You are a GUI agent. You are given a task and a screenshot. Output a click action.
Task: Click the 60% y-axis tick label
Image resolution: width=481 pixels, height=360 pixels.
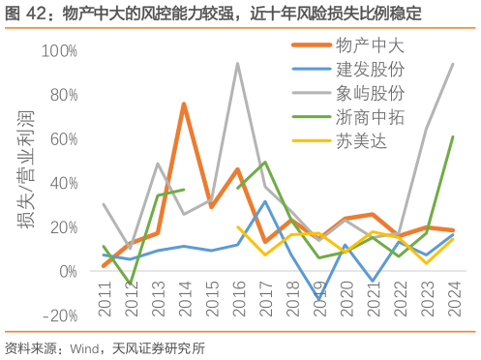tap(63, 138)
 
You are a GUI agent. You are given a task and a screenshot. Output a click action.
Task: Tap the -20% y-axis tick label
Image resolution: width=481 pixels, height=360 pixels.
tap(61, 315)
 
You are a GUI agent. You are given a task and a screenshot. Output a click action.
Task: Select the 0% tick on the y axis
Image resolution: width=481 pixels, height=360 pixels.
tap(68, 271)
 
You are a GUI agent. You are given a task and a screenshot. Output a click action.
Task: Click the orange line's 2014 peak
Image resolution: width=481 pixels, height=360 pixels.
tap(184, 104)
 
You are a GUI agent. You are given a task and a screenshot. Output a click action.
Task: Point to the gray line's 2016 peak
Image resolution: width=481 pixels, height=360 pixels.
tap(238, 64)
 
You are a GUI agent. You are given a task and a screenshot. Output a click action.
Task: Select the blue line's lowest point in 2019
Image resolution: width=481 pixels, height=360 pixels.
tap(318, 300)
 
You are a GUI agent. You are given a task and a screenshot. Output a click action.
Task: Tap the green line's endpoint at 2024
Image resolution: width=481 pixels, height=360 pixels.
tap(453, 136)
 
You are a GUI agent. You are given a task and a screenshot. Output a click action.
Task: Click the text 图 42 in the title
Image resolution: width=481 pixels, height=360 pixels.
tap(22, 14)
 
